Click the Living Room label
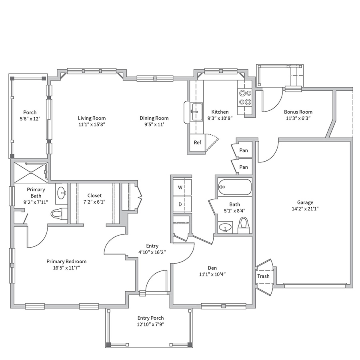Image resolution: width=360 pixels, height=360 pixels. (92, 118)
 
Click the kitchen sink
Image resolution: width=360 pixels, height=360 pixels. (196, 112)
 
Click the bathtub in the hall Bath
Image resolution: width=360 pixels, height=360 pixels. (235, 187)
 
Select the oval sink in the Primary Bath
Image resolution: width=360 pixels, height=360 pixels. (62, 192)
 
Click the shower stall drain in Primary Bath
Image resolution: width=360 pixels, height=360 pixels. (31, 172)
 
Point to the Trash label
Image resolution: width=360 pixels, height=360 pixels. (263, 276)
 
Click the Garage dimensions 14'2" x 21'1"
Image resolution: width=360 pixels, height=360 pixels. (305, 209)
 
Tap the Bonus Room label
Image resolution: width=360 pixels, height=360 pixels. (298, 112)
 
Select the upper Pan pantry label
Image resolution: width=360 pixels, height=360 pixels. (244, 150)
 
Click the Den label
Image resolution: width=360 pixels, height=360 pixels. (212, 268)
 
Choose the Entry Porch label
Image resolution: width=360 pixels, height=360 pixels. (151, 318)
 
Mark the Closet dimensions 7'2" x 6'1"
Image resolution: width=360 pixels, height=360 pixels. (94, 202)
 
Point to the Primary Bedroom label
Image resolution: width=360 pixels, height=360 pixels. (66, 261)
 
